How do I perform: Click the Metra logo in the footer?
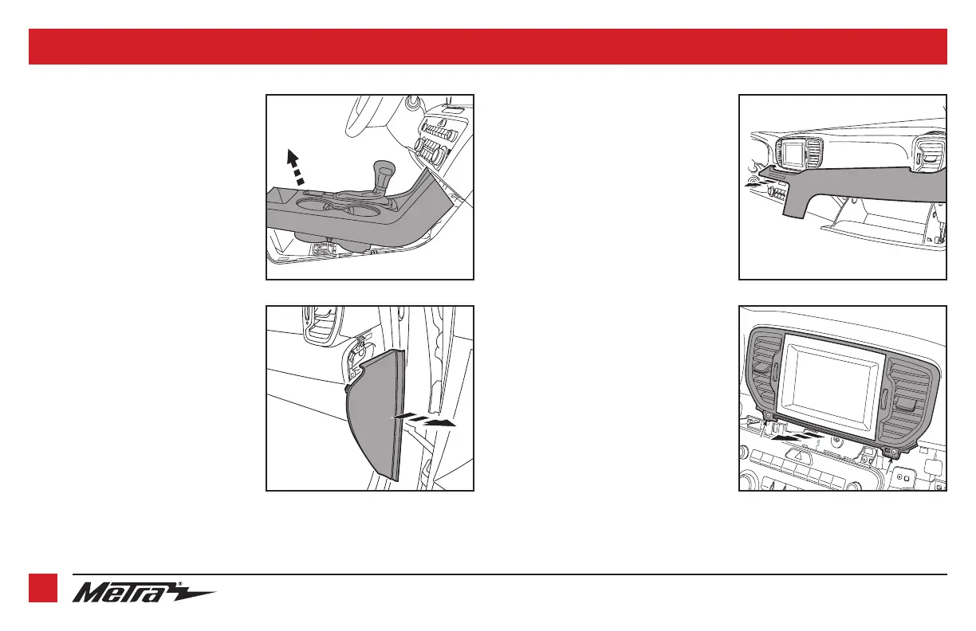coord(144,592)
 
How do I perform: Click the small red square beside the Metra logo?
coord(43,588)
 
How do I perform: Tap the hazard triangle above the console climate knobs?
coord(442,123)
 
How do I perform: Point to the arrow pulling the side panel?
coord(424,419)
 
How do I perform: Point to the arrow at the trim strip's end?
coord(758,184)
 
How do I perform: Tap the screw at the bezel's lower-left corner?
coord(769,416)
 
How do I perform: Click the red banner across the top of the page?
coord(488,46)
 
